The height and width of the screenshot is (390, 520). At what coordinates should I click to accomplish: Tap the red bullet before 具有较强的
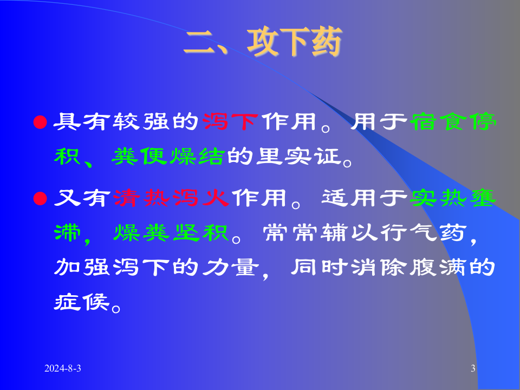click(38, 122)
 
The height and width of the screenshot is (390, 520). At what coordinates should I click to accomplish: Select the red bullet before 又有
click(38, 198)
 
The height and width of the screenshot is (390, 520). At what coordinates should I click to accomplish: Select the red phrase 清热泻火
click(173, 198)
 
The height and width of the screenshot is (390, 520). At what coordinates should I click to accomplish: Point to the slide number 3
click(473, 369)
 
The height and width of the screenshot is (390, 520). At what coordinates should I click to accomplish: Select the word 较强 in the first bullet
click(142, 122)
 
